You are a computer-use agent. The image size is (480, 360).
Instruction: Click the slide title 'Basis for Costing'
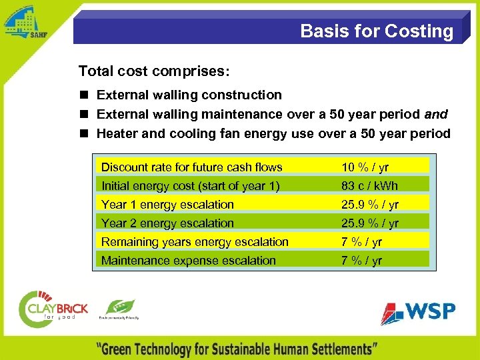[x=376, y=31]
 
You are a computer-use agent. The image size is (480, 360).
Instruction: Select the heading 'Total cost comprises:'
[x=154, y=71]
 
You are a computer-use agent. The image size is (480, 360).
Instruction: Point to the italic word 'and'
[x=436, y=114]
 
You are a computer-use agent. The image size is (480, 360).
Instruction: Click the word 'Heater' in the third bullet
[x=117, y=133]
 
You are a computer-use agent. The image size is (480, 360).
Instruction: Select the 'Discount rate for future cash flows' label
[x=191, y=167]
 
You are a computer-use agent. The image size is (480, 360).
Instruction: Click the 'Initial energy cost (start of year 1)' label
[x=190, y=186]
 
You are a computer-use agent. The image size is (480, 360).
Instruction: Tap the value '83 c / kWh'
[x=369, y=186]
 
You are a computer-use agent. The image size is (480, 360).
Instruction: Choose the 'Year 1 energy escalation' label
[x=167, y=205]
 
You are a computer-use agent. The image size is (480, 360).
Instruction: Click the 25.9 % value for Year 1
[x=370, y=205]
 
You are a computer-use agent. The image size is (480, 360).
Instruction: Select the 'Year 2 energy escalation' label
[x=167, y=223]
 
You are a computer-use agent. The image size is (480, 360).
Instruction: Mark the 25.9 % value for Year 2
[x=370, y=223]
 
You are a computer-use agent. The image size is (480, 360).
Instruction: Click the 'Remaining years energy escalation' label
[x=195, y=242]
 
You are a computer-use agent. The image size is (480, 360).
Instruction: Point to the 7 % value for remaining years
[x=361, y=242]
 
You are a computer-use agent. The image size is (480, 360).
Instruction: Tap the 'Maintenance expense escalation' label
[x=188, y=261]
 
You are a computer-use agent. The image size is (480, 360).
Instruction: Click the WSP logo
[x=418, y=312]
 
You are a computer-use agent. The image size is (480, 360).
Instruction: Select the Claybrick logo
[x=53, y=309]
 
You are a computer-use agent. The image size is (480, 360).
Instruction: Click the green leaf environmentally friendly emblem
[x=119, y=308]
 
